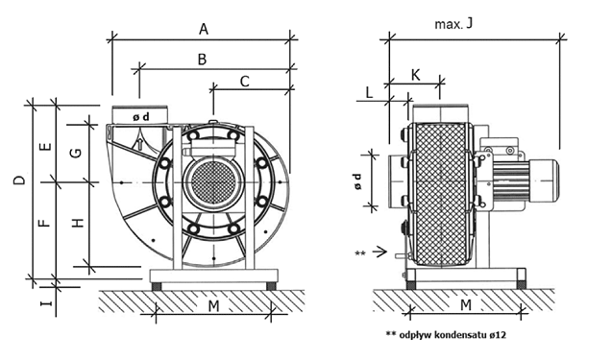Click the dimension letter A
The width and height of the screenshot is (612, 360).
204,29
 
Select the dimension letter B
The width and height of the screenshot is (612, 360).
202,60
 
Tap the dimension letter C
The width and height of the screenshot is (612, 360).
244,82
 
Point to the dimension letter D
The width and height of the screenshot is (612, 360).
19,180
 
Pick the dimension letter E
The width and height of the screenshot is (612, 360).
46,147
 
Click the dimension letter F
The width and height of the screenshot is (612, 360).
45,223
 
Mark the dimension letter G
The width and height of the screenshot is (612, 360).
76,153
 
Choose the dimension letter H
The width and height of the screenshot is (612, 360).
78,223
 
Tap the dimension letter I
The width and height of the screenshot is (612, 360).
46,302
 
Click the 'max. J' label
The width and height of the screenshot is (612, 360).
453,24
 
